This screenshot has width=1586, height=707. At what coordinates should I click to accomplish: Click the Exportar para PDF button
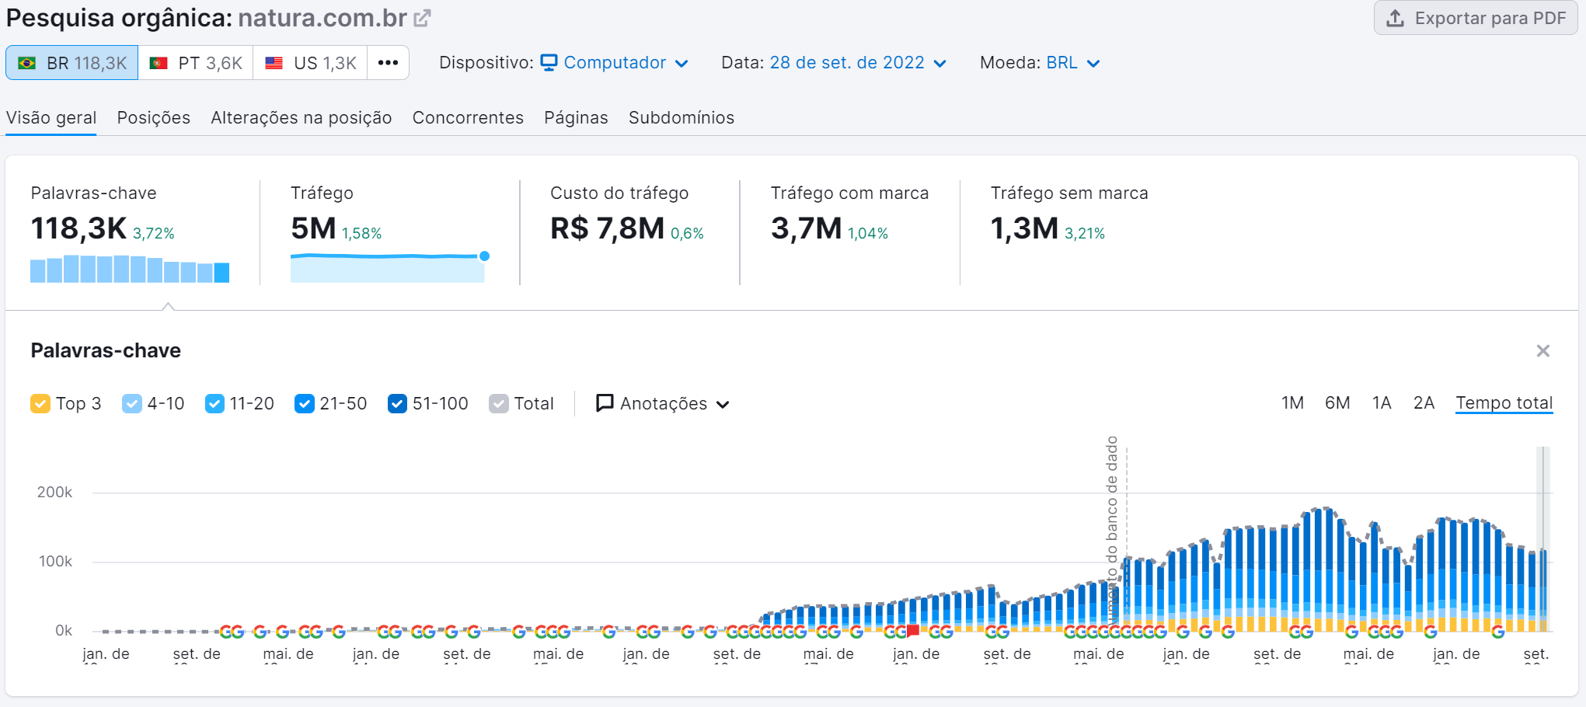tap(1476, 18)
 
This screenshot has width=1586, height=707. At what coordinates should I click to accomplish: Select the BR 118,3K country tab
tap(72, 63)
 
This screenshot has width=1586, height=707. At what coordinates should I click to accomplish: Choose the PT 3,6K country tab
tap(196, 63)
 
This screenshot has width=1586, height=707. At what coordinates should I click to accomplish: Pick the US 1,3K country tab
tap(310, 63)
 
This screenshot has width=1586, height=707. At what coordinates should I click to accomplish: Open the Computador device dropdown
tap(615, 63)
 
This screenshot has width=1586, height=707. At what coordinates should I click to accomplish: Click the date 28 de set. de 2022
tap(847, 63)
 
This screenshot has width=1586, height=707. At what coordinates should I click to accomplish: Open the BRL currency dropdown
tap(1072, 63)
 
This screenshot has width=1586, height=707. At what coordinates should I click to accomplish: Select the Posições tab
tap(153, 117)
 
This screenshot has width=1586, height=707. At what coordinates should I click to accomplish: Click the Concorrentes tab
tap(468, 117)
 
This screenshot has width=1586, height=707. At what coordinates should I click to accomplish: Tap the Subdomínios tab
tap(681, 117)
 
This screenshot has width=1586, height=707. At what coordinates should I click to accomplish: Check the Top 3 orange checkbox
tap(40, 404)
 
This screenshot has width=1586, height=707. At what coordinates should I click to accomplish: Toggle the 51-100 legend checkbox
tap(397, 404)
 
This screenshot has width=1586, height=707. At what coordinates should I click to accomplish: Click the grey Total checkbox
tap(499, 404)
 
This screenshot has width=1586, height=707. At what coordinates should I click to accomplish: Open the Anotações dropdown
tap(663, 404)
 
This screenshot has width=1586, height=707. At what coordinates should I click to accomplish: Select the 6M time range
tap(1337, 403)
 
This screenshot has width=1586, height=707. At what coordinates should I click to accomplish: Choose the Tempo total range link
tap(1504, 403)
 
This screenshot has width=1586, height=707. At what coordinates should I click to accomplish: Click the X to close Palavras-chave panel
tap(1542, 351)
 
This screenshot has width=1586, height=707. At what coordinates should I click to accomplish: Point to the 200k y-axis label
tap(54, 493)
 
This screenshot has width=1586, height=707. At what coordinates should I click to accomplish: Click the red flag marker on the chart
tap(913, 630)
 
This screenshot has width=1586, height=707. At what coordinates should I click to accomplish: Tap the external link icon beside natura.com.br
tap(422, 18)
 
